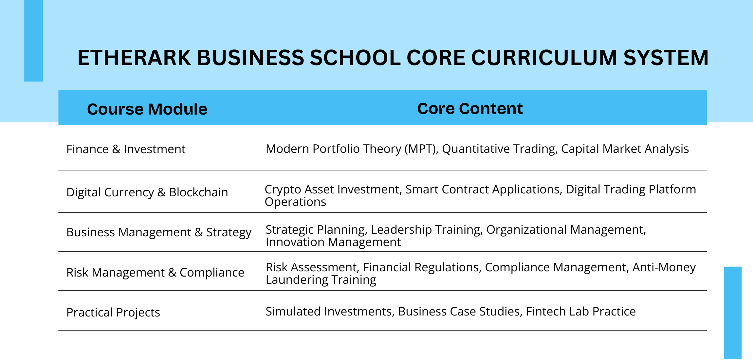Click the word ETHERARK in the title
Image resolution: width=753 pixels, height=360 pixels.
134,58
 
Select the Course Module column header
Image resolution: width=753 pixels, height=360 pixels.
147,109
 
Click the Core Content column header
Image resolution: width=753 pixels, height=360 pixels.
470,108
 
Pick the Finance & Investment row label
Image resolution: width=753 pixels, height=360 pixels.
126,149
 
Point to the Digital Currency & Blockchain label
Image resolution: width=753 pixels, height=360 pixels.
147,192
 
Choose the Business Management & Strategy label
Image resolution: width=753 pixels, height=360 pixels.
159,232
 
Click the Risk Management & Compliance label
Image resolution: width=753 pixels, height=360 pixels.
155,273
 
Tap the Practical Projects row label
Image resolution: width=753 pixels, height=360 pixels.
113,313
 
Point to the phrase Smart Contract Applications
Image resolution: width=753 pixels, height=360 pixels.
484,189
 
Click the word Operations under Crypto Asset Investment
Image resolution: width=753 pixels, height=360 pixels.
295,202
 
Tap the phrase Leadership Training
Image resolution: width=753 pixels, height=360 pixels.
427,230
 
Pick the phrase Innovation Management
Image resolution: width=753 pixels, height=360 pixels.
333,242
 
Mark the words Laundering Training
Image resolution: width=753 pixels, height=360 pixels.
321,280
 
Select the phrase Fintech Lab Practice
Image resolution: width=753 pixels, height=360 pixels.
581,312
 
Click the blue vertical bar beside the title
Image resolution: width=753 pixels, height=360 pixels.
33,41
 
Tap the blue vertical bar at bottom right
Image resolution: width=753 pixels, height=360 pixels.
733,313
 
